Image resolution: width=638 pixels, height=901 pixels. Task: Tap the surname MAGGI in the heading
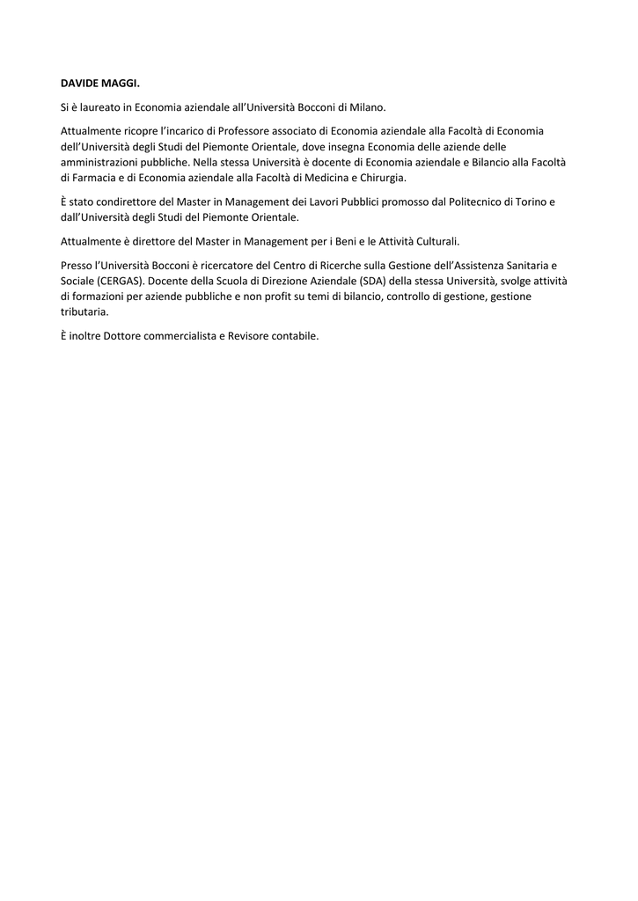121,84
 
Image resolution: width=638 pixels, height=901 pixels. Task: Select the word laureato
96,107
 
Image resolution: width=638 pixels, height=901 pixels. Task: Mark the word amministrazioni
97,162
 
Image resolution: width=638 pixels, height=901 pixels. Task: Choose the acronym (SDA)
374,281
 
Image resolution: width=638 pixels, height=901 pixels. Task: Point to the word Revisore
249,336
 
